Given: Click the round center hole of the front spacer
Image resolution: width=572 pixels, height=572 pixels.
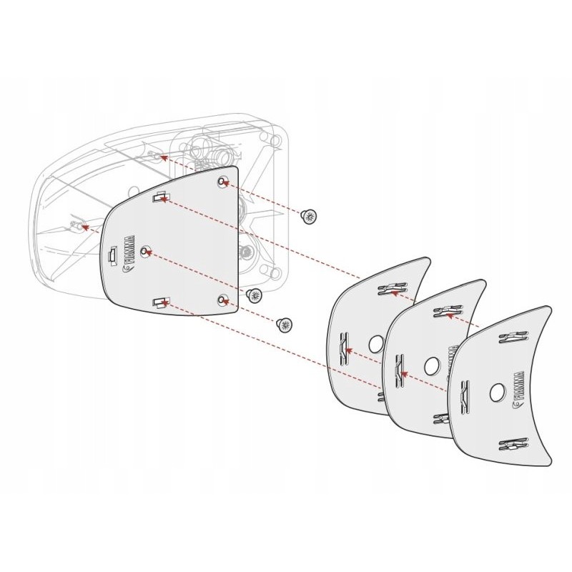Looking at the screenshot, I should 496,392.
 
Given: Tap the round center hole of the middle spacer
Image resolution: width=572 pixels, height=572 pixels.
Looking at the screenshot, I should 431,365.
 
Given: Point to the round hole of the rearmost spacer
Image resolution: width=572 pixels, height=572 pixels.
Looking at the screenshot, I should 375,344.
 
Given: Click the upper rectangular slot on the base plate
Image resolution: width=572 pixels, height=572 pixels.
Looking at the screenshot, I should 160,198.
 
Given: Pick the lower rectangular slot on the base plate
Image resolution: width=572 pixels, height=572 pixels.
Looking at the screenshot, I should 159,302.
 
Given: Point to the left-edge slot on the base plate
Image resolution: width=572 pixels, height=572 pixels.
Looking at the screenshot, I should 111,256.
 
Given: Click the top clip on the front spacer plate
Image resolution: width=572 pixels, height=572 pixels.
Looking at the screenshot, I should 514,339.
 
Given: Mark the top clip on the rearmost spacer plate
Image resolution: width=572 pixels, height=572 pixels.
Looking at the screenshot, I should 390,289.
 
